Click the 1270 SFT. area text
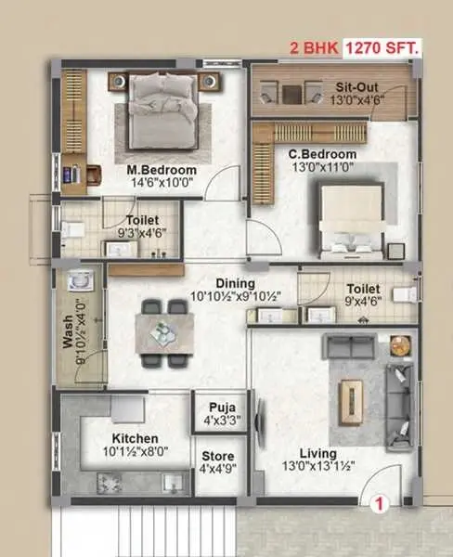[382, 48]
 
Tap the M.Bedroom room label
[162, 170]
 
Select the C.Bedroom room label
[323, 154]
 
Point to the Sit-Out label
[356, 87]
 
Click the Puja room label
[222, 408]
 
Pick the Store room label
[218, 456]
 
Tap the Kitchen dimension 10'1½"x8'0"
[136, 451]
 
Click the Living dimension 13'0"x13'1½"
[318, 466]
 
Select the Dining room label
[236, 283]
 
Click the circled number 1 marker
[380, 504]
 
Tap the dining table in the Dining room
[164, 334]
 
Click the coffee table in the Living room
[352, 402]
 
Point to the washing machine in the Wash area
[81, 280]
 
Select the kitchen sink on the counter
[173, 483]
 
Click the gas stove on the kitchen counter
[110, 483]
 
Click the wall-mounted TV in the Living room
[259, 424]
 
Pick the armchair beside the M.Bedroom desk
[94, 175]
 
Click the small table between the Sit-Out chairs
[291, 95]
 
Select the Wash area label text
[68, 331]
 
